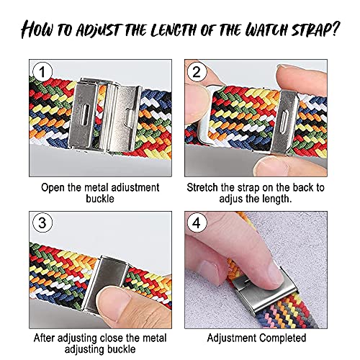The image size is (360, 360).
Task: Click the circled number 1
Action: pyautogui.click(x=42, y=71)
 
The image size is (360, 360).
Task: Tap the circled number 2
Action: pyautogui.click(x=197, y=71)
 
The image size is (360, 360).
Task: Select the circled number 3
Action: pyautogui.click(x=42, y=223)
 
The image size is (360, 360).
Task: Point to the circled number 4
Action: pyautogui.click(x=197, y=223)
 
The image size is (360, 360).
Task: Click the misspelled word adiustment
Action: pyautogui.click(x=135, y=187)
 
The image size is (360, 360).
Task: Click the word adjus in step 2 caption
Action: pyautogui.click(x=230, y=199)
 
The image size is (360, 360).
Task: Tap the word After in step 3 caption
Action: pyautogui.click(x=45, y=338)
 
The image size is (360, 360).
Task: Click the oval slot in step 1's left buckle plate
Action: pyautogui.click(x=84, y=114)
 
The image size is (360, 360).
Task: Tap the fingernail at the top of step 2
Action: pyautogui.click(x=285, y=67)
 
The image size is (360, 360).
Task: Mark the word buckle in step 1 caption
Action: pyautogui.click(x=100, y=199)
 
